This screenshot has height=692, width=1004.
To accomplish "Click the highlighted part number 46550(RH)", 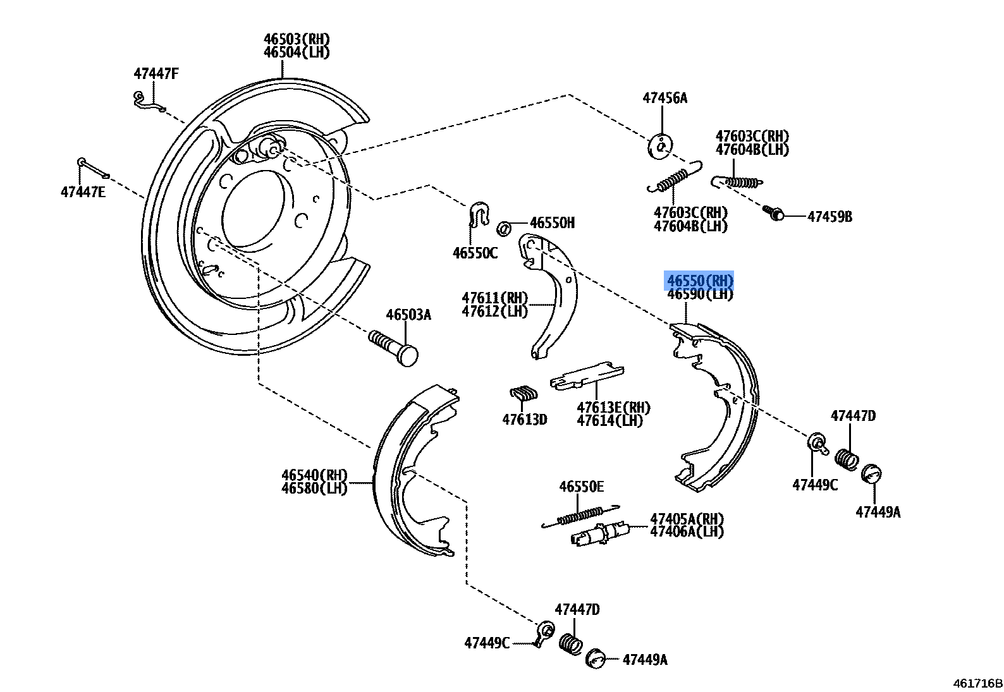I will [700, 280].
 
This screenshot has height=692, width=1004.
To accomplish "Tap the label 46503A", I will [408, 315].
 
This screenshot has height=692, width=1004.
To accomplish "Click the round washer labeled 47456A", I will [660, 146].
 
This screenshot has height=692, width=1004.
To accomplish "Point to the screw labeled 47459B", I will [773, 213].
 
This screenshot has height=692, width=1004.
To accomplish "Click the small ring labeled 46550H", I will [505, 227].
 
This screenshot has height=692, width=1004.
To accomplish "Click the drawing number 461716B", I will [977, 683].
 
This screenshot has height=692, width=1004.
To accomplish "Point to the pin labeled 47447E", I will [93, 169].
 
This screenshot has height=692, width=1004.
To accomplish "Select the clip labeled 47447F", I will [147, 101].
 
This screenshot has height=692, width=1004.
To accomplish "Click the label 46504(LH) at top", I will [297, 52].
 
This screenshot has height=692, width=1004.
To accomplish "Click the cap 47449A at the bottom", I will [596, 657].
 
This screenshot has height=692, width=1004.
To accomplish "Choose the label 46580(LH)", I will [314, 489].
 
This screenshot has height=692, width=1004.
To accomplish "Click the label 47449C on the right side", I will [815, 485].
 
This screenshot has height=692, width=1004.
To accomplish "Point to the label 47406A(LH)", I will [687, 531].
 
